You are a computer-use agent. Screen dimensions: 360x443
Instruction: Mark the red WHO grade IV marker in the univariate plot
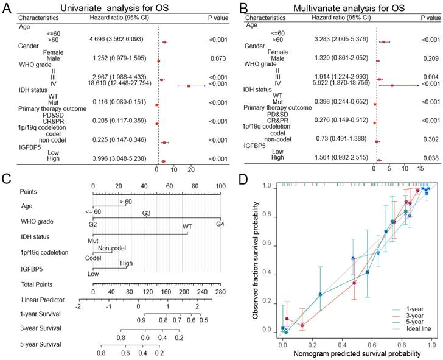tap(189, 86)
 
